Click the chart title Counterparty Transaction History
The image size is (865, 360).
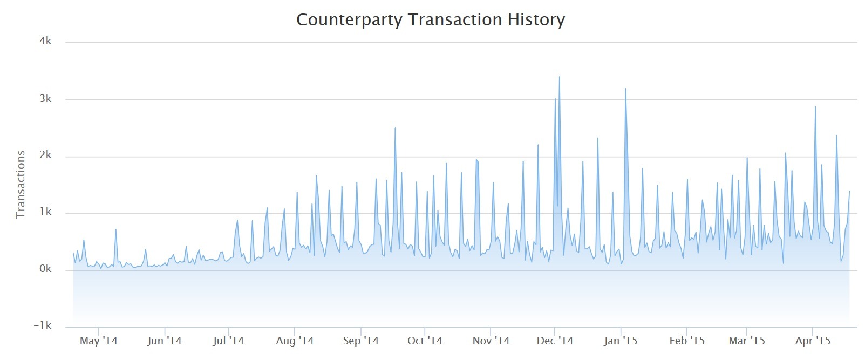point(431,20)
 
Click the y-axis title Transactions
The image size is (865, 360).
point(21,185)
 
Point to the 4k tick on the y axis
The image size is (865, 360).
point(45,41)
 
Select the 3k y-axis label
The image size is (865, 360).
point(45,99)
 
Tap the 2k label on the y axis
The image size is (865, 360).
point(45,155)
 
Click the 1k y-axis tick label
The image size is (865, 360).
point(45,212)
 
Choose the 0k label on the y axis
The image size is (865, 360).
point(45,269)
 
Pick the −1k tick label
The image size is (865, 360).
point(43,325)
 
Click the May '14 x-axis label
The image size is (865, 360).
point(98,341)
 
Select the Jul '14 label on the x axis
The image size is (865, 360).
point(229,341)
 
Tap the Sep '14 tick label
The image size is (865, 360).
point(361,341)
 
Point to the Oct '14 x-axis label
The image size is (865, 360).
point(425,341)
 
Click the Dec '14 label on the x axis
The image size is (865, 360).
point(555,341)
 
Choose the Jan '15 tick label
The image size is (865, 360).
point(621,341)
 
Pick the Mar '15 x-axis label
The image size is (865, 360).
point(747,341)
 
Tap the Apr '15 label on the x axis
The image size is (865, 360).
point(813,341)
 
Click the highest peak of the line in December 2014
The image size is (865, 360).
point(559,77)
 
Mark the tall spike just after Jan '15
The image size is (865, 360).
point(625,89)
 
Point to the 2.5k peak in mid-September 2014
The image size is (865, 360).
point(395,128)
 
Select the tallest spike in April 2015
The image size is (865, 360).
point(815,107)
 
